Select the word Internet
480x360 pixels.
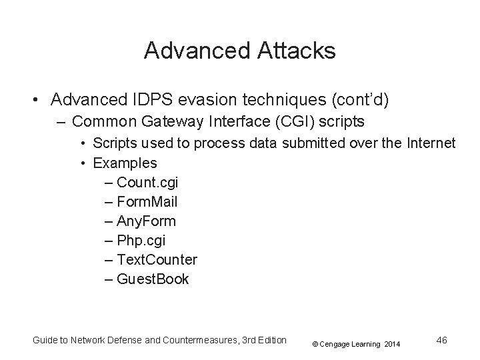[429, 143]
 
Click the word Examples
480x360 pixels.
[125, 163]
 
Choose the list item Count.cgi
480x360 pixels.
[147, 182]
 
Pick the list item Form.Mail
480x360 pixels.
[147, 201]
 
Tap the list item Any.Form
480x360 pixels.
[146, 221]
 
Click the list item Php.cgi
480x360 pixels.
[142, 240]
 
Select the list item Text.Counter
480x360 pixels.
[157, 259]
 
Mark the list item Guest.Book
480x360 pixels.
[153, 279]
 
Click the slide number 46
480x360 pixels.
[441, 340]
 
